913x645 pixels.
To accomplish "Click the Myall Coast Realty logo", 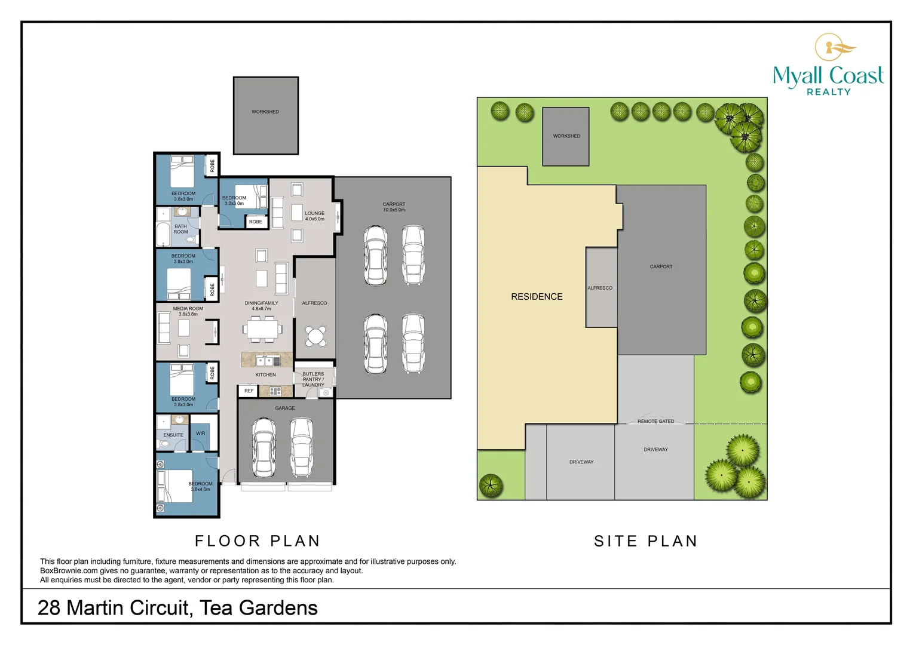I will click(828, 65).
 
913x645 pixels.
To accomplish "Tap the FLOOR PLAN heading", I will click(258, 541).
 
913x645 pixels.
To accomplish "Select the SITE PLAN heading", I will click(645, 541).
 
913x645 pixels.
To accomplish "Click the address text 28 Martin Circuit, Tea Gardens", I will click(177, 607).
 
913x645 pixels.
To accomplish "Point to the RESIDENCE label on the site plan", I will click(537, 297).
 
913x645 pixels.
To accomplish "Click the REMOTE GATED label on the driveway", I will click(655, 422).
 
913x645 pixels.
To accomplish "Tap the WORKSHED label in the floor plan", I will click(265, 112).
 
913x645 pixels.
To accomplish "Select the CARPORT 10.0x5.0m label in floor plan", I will click(394, 207).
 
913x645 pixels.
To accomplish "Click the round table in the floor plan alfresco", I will click(315, 336).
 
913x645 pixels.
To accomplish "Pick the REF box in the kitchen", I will click(249, 391).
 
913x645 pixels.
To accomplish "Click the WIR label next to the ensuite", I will click(200, 434).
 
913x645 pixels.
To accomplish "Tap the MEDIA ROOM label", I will click(188, 311).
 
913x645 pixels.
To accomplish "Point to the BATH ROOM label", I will click(180, 229).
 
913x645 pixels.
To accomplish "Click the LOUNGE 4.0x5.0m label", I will click(314, 216).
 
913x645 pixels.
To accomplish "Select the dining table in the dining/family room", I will click(262, 329).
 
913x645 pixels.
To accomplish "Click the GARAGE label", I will click(285, 408).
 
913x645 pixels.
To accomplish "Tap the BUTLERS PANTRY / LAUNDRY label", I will click(313, 379).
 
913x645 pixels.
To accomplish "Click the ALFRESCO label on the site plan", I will click(600, 288).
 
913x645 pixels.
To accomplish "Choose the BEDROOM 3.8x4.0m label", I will click(200, 486).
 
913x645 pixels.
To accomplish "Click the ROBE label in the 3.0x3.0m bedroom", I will click(256, 222).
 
